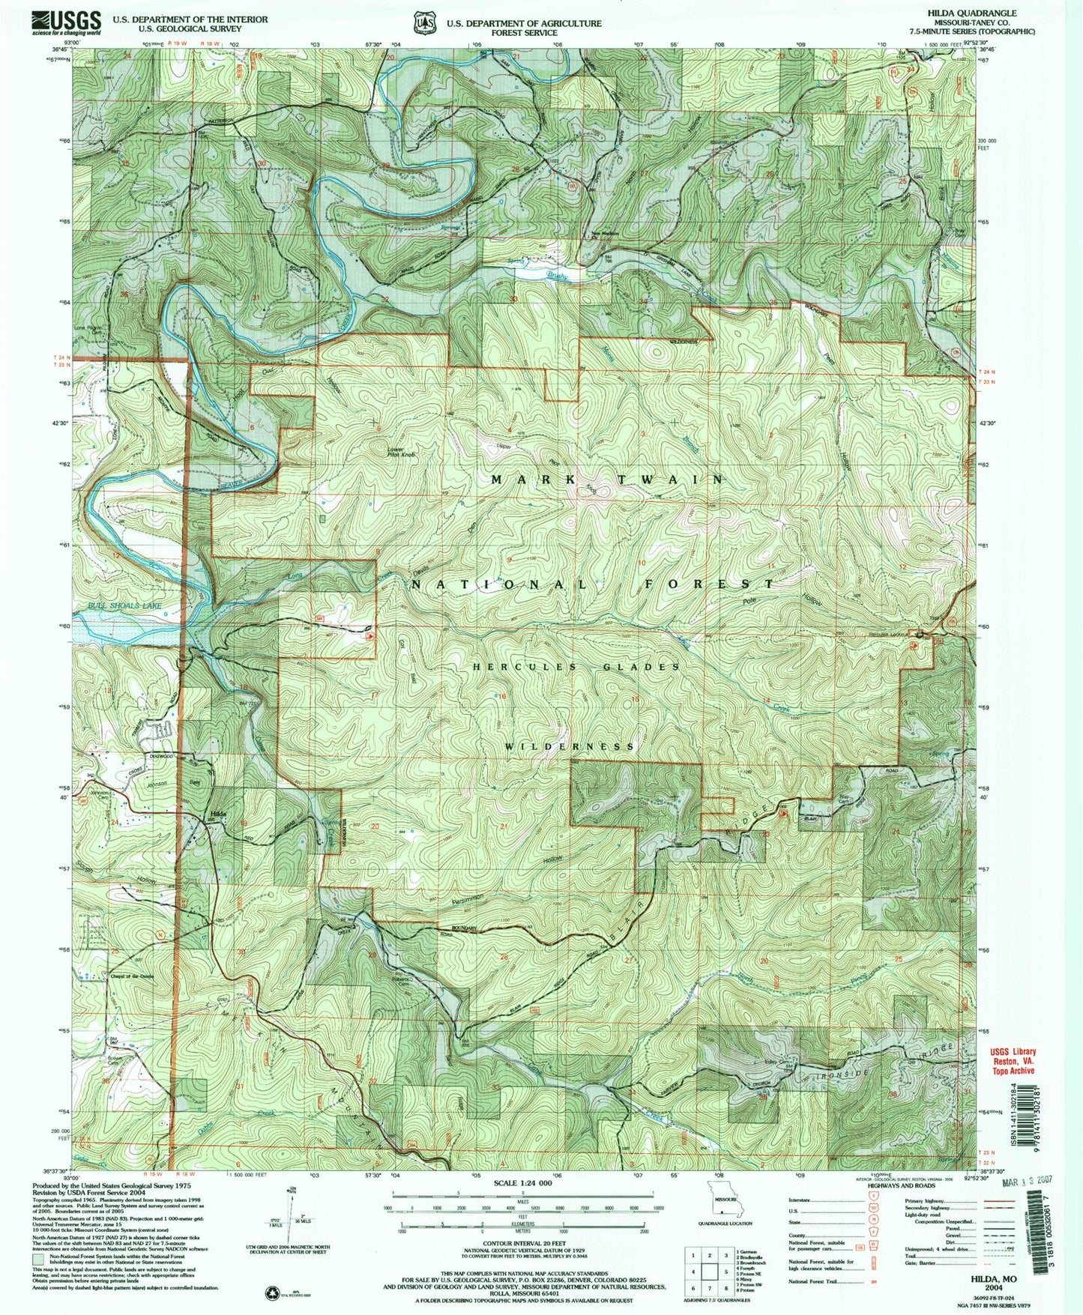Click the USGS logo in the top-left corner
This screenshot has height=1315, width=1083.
(x=66, y=23)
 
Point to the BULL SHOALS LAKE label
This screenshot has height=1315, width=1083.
(x=117, y=605)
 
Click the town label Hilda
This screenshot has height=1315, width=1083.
(x=218, y=814)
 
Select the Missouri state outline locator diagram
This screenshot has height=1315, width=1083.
(x=719, y=1211)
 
